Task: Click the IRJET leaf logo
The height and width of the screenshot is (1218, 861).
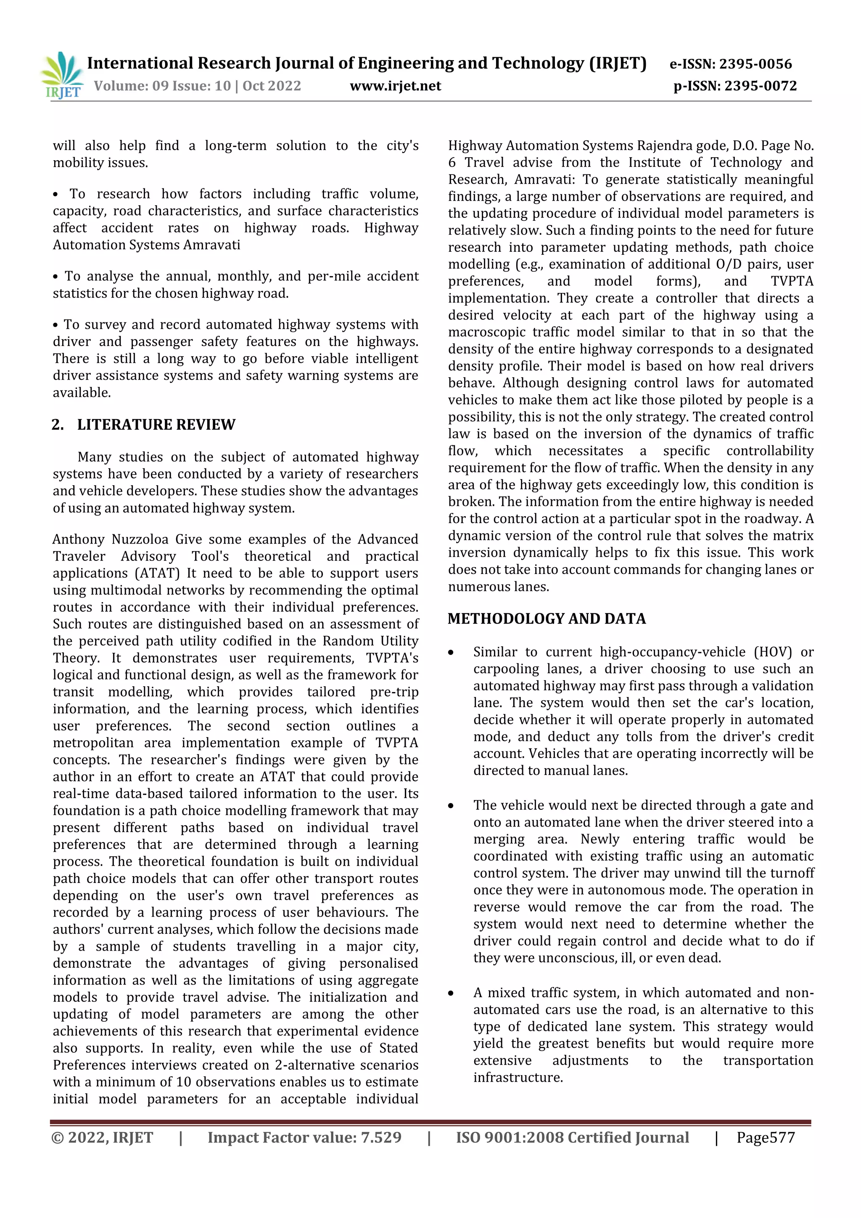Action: (62, 74)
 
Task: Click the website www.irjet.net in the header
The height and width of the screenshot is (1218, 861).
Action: (395, 86)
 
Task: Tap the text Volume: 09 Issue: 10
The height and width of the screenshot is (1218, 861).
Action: (162, 86)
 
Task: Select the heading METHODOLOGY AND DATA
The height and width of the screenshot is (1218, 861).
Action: (547, 618)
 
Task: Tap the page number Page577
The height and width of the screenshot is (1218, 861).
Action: (765, 1137)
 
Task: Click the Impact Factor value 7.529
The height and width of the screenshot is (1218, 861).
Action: (380, 1137)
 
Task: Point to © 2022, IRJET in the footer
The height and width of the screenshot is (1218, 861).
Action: (102, 1137)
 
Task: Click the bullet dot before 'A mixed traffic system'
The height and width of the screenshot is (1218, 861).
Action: (451, 993)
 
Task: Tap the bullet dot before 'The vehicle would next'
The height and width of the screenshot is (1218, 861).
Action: (451, 806)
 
